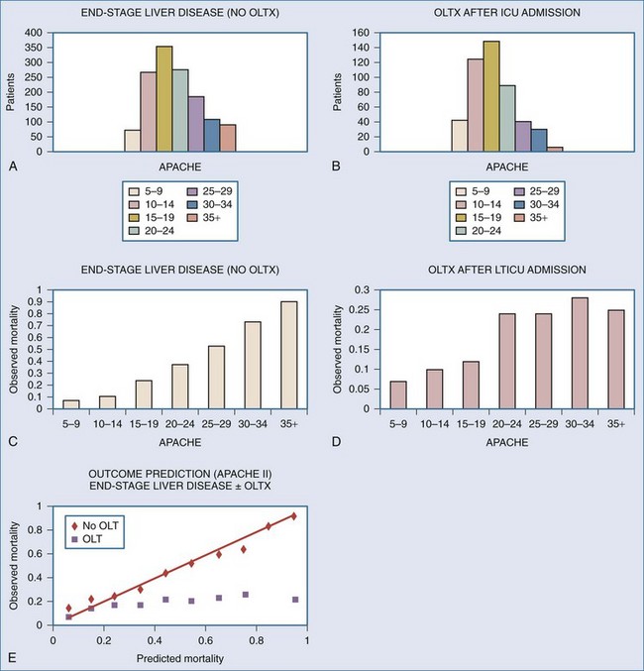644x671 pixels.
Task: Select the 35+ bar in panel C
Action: (288, 356)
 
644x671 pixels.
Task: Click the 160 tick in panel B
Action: (361, 33)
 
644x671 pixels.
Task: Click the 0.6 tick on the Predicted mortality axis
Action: (204, 640)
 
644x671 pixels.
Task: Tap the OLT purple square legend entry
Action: (90, 539)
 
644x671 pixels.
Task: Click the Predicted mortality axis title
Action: (180, 657)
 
